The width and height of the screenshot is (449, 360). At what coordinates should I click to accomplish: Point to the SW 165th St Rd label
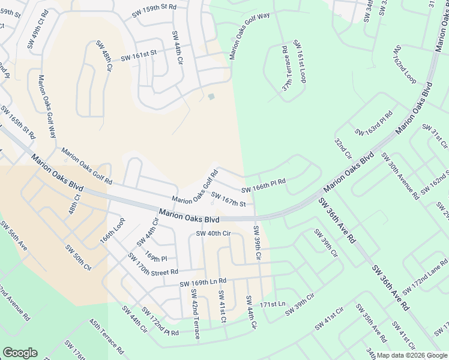point(18,122)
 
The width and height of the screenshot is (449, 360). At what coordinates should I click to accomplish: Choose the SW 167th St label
point(229,203)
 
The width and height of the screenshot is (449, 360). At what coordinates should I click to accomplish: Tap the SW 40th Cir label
point(213,233)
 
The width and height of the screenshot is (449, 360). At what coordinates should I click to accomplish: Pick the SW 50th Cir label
point(78,257)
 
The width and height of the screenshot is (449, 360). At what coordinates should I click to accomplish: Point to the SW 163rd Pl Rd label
point(373,123)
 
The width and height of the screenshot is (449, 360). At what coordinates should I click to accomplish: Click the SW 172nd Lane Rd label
point(425,277)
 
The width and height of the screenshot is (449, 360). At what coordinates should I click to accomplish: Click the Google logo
point(20,353)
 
